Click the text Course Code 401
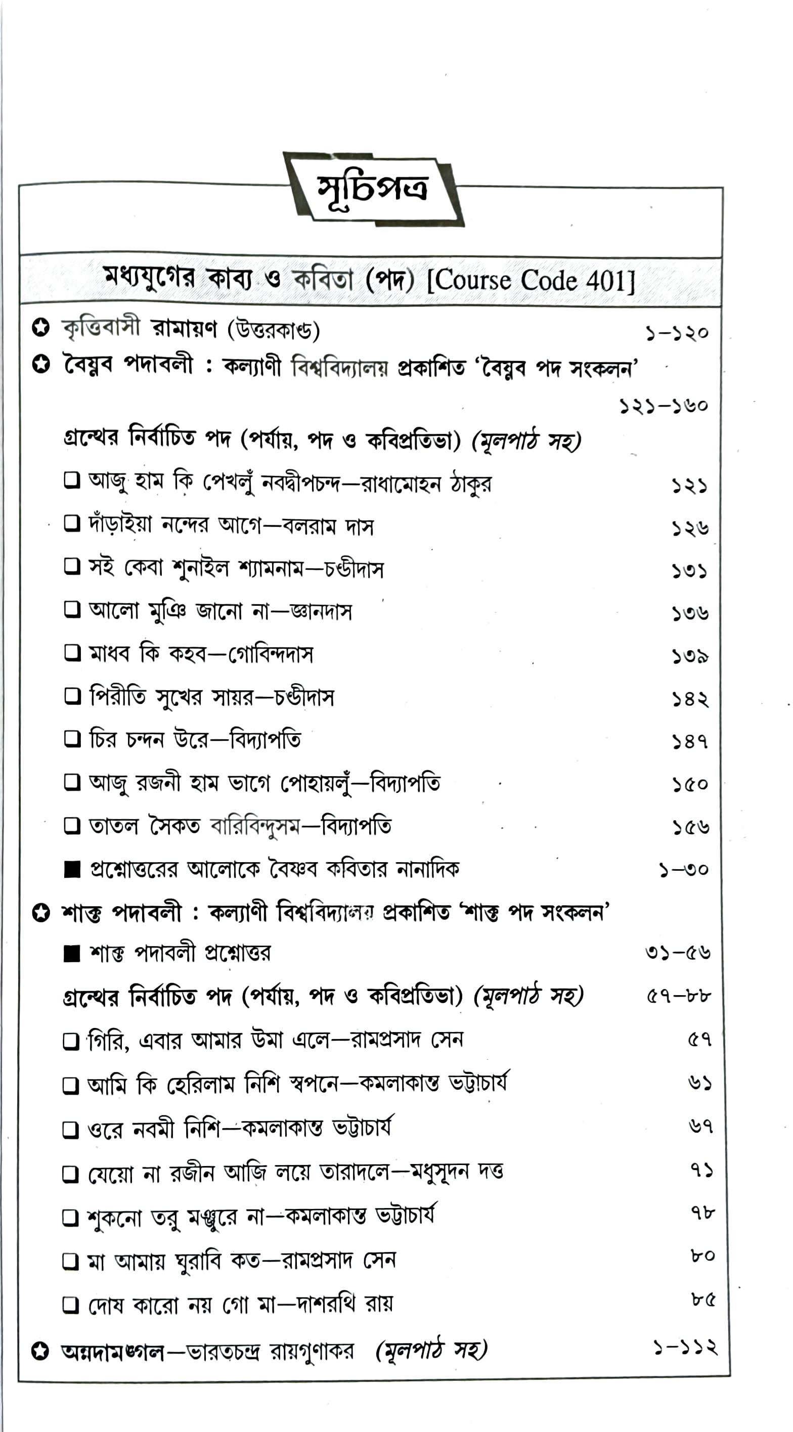[x=531, y=281]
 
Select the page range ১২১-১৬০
[x=664, y=405]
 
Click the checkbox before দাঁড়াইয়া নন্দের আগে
[x=72, y=523]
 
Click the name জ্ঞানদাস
[x=322, y=611]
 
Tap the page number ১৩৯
[x=689, y=656]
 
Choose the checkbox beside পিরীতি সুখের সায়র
[x=72, y=695]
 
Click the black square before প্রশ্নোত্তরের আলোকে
[x=72, y=869]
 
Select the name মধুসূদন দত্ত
[x=457, y=1172]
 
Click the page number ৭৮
[x=702, y=1212]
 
